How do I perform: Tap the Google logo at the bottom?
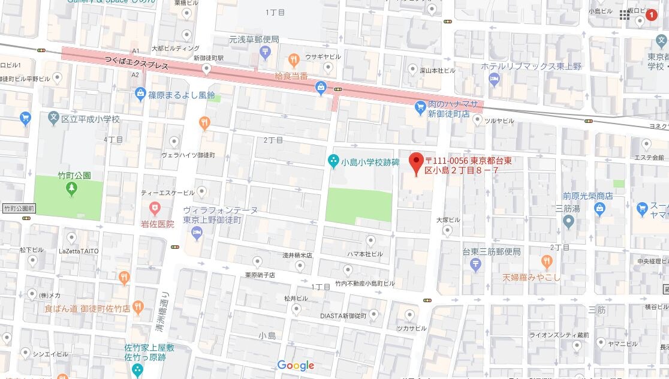point(296,365)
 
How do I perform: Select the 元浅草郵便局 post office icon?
point(265,53)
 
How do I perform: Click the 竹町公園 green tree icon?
point(71,189)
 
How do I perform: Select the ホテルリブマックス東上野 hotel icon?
point(495,79)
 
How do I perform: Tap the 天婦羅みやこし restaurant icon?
point(546,261)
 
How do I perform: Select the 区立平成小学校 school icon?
point(54,119)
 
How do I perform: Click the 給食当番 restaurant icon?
point(293,60)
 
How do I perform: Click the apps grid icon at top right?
point(625,15)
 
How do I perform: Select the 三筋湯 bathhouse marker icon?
point(569,222)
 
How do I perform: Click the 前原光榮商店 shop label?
point(587,195)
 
